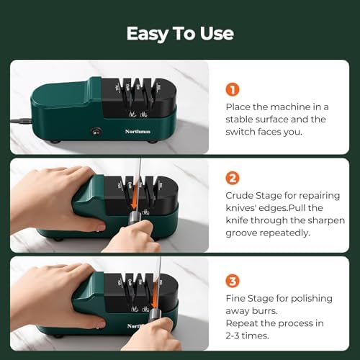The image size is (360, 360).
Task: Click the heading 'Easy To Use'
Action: tap(179, 33)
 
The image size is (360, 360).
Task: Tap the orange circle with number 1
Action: tap(232, 89)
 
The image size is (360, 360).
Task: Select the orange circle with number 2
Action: tap(232, 177)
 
